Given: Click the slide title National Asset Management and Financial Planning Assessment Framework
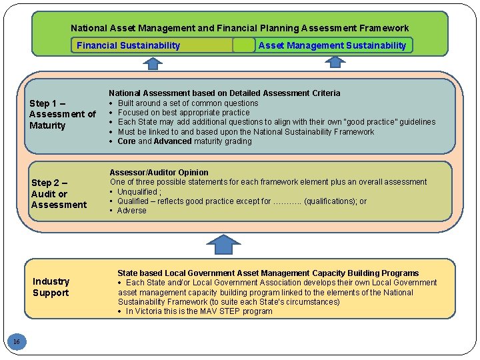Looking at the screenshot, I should (x=239, y=28).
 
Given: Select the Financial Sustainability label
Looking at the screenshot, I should (x=128, y=45).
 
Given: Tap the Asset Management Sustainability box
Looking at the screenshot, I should (x=332, y=45).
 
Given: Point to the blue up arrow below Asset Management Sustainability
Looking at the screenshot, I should (x=335, y=63).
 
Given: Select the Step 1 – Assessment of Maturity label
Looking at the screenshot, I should (x=62, y=114).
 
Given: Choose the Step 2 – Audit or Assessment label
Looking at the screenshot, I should (x=59, y=193).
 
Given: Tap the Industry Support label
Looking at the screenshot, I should (x=51, y=287).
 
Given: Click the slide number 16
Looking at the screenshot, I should (x=17, y=342).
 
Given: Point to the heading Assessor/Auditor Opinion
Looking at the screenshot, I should (x=159, y=172).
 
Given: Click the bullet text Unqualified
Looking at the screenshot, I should (x=140, y=191).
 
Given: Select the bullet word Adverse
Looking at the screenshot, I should (x=131, y=211).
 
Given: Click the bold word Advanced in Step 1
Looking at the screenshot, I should (x=174, y=141).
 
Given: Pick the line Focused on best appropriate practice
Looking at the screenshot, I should (x=183, y=113).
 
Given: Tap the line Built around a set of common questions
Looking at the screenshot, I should (x=187, y=103).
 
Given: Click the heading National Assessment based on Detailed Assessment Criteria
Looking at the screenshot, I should (x=224, y=93).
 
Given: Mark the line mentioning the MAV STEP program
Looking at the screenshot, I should (x=199, y=311).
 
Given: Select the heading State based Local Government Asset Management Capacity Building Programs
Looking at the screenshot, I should (x=268, y=273).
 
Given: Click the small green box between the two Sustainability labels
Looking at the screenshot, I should (x=244, y=45).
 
